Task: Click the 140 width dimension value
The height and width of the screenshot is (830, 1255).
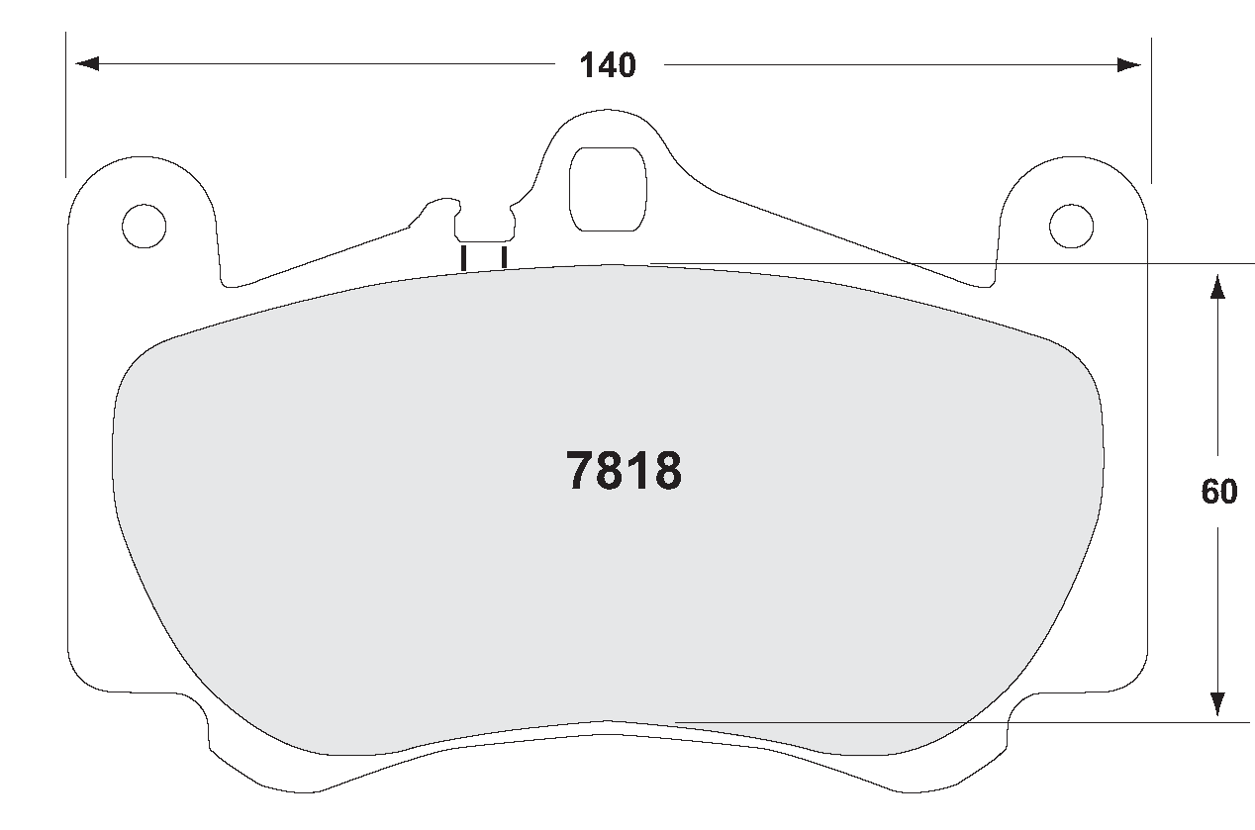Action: (x=608, y=66)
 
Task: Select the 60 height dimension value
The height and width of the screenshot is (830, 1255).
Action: (x=1218, y=492)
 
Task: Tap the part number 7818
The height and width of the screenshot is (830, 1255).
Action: (x=624, y=472)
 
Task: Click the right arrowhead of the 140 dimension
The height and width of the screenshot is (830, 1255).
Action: (x=1129, y=65)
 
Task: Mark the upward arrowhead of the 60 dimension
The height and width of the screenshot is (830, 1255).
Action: (x=1217, y=286)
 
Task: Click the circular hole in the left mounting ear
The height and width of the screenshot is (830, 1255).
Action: (x=144, y=226)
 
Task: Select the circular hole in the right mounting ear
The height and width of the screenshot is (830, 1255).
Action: (x=1071, y=226)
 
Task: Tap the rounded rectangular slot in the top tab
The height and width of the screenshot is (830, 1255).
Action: (x=607, y=189)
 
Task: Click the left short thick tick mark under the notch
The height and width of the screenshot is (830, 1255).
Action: (x=463, y=256)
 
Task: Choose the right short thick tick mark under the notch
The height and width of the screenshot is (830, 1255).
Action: (x=504, y=256)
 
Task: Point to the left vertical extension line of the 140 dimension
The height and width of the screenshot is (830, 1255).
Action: (x=66, y=109)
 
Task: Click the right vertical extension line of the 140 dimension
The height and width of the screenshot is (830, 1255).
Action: (x=1151, y=109)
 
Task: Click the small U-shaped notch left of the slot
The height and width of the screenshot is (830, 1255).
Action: (x=484, y=226)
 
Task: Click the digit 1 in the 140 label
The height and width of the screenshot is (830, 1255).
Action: (x=586, y=66)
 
